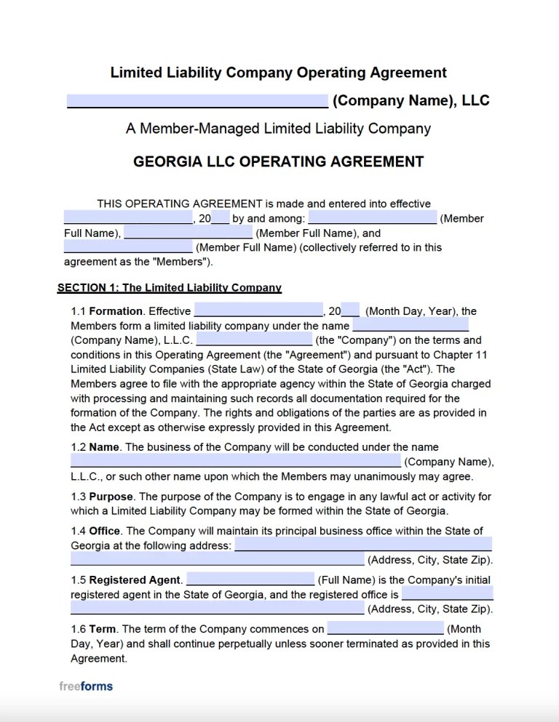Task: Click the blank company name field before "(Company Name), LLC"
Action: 197,100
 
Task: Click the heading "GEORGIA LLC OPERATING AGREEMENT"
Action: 279,161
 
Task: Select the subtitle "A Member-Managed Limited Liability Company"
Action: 278,129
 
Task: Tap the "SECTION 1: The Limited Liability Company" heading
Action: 170,288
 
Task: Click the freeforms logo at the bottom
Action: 86,686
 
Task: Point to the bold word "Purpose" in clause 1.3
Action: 111,497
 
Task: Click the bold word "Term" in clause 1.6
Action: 104,629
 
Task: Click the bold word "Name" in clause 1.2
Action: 104,447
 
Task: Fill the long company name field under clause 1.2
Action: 235,461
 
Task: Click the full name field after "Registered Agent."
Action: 250,579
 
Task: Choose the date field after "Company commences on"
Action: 385,628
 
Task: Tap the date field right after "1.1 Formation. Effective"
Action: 258,310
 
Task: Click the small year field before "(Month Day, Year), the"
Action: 350,310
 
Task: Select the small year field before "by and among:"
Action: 221,217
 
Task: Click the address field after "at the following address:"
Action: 362,545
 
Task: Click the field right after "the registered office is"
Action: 446,593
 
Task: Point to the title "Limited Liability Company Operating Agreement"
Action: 278,73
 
